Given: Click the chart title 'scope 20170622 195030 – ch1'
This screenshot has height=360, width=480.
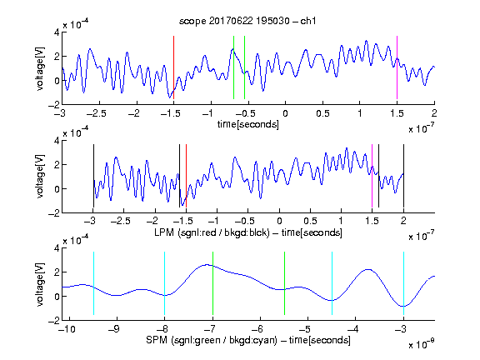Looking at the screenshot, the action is tap(247, 21).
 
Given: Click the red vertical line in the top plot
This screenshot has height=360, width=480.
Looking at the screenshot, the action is tap(173, 67).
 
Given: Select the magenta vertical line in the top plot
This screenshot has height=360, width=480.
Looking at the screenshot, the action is tap(397, 67).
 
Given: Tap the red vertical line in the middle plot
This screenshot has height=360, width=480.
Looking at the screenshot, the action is tap(186, 176).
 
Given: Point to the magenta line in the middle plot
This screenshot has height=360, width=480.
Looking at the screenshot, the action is tap(372, 176).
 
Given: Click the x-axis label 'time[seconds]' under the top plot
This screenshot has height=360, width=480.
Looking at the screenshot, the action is tap(248, 124).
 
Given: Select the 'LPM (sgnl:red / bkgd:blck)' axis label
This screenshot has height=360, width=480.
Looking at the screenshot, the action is tap(212, 232).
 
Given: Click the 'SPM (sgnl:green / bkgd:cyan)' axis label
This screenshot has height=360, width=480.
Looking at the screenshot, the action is tap(212, 340).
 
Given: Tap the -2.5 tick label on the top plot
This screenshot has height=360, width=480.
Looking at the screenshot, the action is tap(96, 113).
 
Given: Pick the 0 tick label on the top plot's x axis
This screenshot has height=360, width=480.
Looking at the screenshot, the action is tap(285, 113).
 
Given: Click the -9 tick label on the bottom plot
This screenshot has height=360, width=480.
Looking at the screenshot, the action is tap(114, 329).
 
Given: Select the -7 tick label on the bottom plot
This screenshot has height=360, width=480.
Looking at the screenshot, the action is tap(210, 329).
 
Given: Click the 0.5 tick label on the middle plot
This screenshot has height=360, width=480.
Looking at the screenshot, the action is tap(310, 221).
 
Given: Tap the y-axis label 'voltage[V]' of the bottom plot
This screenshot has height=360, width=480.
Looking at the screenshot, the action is tap(40, 284).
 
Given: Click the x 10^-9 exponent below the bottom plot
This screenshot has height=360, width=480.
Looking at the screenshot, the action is tap(422, 344).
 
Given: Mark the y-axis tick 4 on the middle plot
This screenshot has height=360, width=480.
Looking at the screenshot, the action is tap(57, 141).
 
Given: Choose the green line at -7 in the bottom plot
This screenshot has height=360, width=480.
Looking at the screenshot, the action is tap(212, 283).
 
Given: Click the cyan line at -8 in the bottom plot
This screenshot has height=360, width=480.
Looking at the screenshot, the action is tap(165, 283).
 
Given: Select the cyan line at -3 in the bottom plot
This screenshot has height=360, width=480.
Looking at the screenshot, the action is tap(403, 283).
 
